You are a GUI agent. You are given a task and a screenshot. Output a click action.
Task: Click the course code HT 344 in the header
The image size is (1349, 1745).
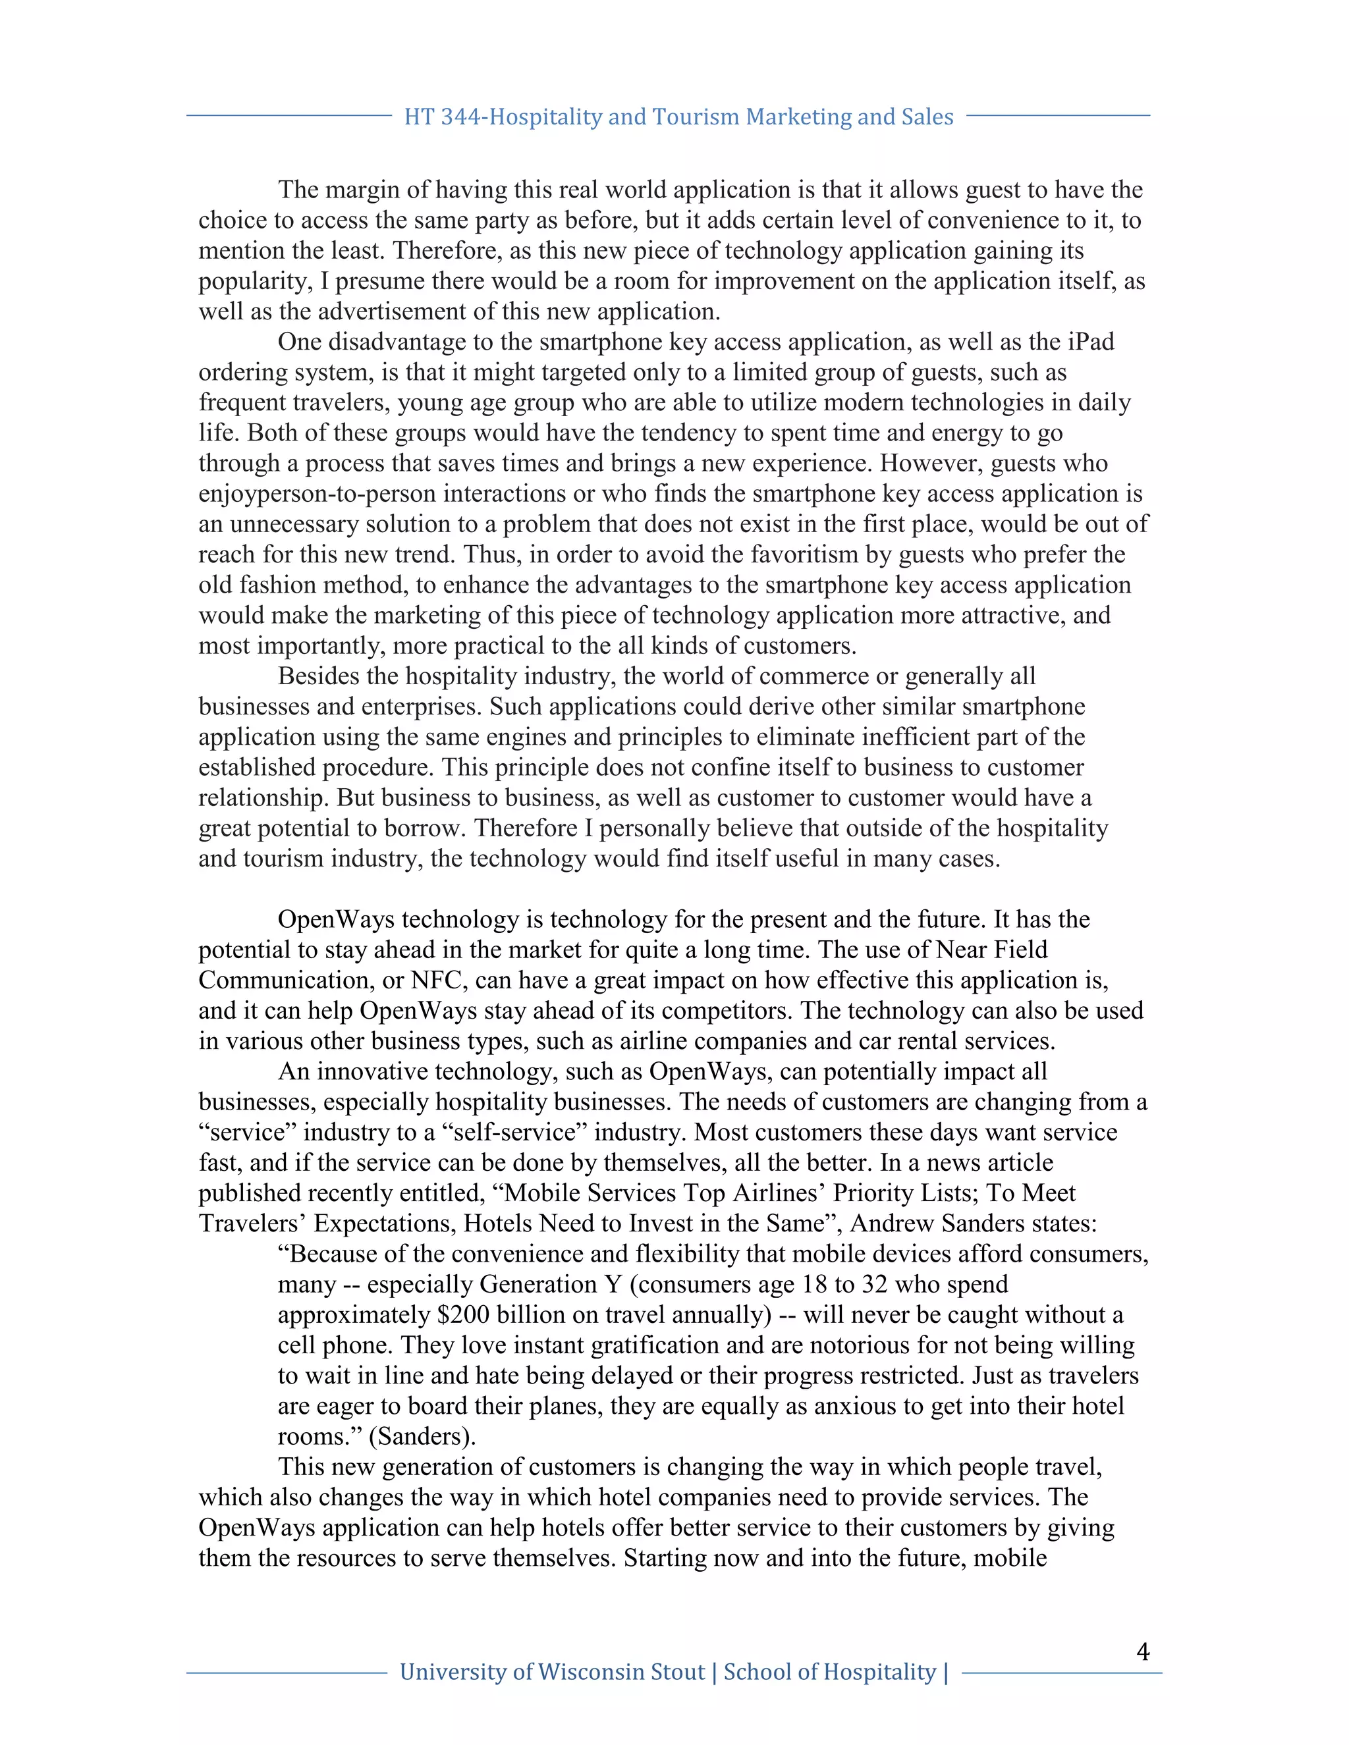click(x=443, y=117)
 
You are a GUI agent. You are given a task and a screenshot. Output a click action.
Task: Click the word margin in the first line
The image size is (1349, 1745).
click(x=361, y=190)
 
